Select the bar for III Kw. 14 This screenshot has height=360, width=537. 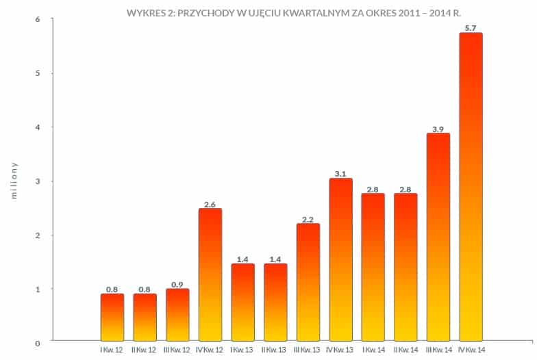click(x=438, y=237)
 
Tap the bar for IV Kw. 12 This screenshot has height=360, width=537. click(x=210, y=274)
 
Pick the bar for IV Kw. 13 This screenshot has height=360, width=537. click(x=340, y=259)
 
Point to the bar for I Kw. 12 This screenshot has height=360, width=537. click(x=112, y=317)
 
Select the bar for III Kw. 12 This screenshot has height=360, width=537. click(x=177, y=315)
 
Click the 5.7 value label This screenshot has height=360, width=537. click(x=471, y=28)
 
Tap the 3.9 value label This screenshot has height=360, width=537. click(x=438, y=128)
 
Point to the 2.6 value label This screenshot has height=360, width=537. click(x=210, y=203)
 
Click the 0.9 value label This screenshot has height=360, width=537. click(x=177, y=284)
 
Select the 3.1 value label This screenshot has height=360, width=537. click(x=340, y=173)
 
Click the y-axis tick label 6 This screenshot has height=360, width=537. click(x=38, y=19)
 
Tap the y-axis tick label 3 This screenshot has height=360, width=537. click(x=38, y=181)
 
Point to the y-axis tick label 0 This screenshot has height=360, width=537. click(x=38, y=342)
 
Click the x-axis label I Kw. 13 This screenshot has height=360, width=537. click(x=242, y=350)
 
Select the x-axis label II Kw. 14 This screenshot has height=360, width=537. click(x=405, y=350)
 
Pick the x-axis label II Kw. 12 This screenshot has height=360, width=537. click(x=145, y=350)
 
